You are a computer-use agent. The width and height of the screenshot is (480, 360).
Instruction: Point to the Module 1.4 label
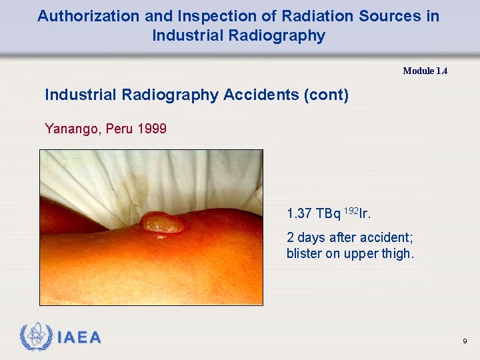425,71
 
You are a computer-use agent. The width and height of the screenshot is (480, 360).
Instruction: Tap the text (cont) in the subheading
326,95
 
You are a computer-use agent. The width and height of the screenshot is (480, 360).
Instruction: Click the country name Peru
119,129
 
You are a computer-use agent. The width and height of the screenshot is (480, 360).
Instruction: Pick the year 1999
152,129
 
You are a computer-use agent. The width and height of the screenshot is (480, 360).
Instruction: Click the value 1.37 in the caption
299,214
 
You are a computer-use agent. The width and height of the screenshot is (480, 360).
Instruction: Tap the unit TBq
328,214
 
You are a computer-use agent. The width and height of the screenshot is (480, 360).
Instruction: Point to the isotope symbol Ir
365,214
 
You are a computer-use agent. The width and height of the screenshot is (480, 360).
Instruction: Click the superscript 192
351,211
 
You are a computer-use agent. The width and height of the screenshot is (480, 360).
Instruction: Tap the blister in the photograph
163,222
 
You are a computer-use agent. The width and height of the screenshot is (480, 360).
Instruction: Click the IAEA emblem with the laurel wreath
35,337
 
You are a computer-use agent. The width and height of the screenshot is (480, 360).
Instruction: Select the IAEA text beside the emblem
79,338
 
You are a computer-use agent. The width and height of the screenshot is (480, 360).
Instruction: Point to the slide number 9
464,341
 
